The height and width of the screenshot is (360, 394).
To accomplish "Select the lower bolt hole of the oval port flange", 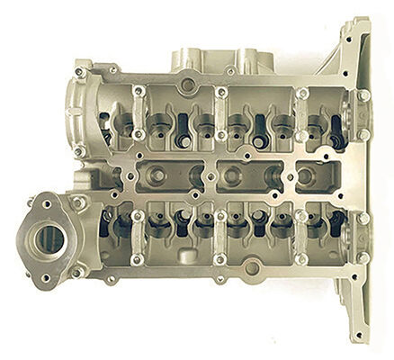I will (x=44, y=276).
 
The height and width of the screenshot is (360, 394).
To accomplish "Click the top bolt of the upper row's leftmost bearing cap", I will (x=138, y=90).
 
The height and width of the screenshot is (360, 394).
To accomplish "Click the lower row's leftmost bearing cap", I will (x=137, y=238).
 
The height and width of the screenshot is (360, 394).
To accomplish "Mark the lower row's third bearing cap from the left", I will (x=302, y=238).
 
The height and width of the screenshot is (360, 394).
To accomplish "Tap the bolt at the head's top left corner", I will (x=79, y=72).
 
